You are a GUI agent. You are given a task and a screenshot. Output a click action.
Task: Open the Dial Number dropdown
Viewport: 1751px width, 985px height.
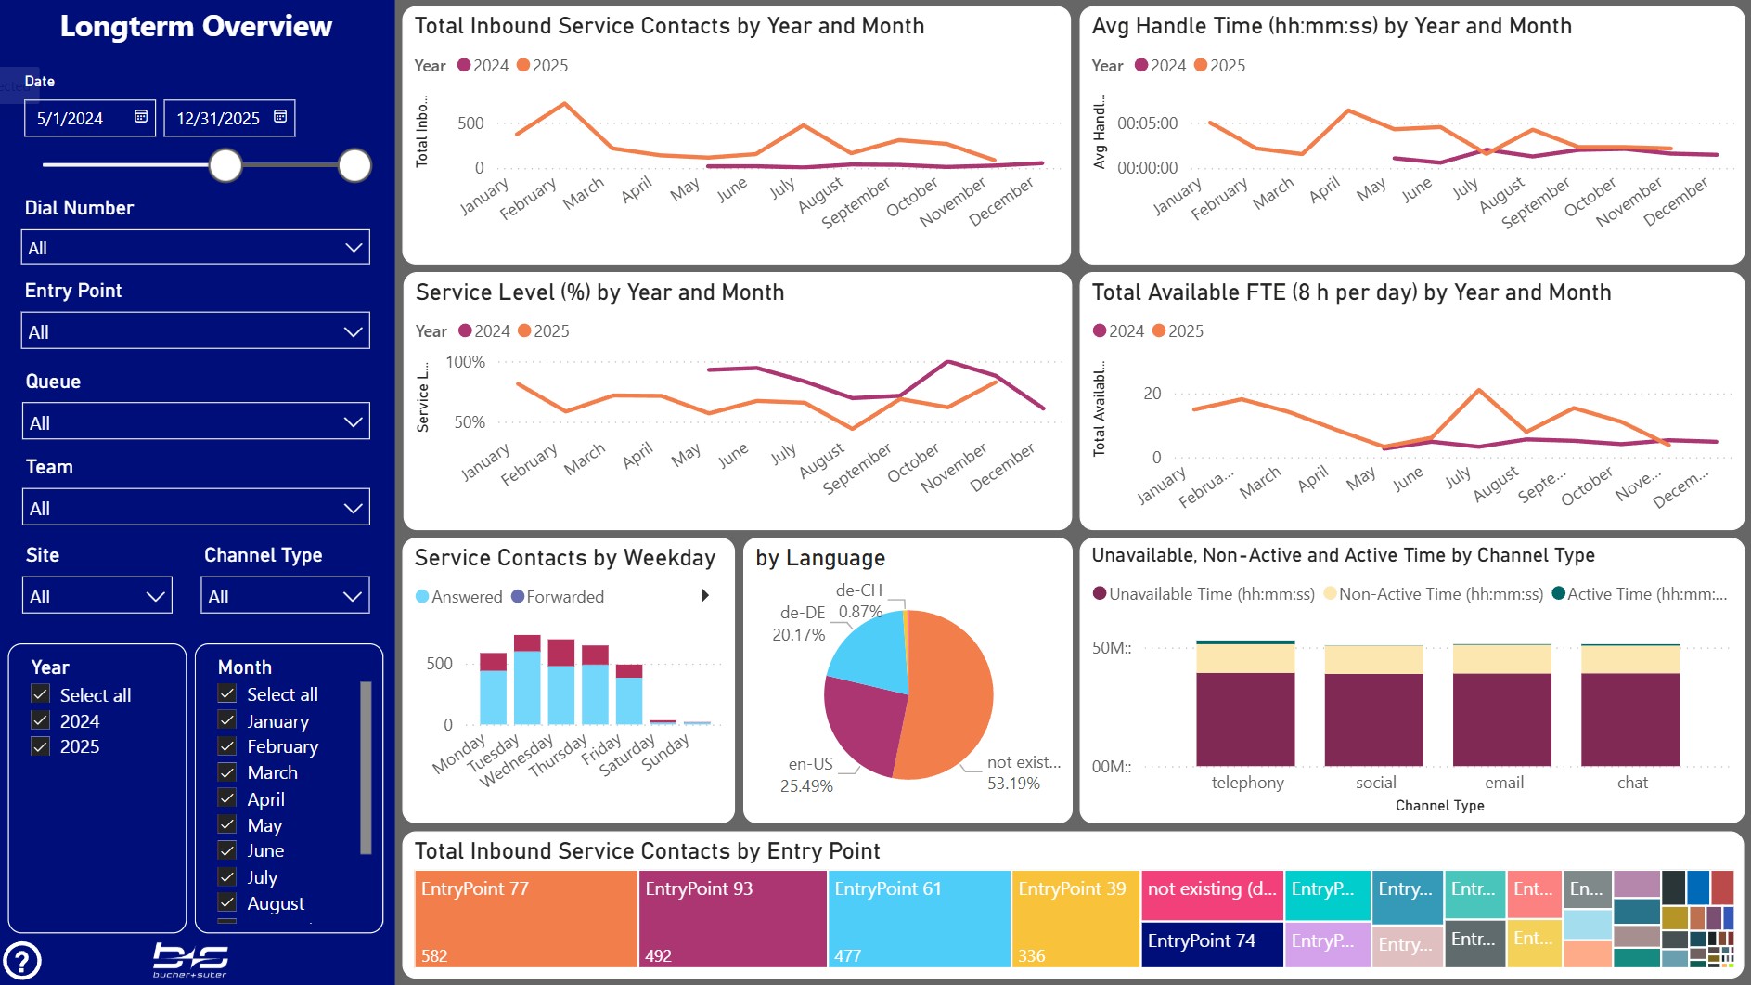coord(195,248)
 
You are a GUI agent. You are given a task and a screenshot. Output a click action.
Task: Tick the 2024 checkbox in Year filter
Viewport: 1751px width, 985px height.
coord(41,720)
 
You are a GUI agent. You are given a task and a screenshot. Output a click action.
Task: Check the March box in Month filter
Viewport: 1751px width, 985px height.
coord(227,772)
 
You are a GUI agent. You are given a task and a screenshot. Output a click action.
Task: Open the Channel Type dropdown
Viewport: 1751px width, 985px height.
coord(285,596)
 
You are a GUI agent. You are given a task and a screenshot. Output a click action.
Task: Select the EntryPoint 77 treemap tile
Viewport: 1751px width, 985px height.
coord(525,919)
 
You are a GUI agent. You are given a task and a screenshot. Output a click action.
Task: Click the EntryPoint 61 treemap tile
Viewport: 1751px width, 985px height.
coord(918,919)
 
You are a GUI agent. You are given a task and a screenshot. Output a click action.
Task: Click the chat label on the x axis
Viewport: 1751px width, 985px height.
coord(1632,783)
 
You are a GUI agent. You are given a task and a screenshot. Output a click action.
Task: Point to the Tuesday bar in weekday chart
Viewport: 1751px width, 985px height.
coord(527,682)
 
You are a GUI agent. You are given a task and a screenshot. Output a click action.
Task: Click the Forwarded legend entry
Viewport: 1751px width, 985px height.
coord(564,597)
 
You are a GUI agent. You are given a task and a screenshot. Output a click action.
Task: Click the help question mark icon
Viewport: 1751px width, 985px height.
coord(22,961)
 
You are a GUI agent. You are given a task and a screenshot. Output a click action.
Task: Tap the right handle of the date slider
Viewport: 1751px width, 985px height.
coord(354,165)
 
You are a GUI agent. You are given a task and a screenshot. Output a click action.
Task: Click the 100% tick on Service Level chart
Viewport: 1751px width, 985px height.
coord(466,362)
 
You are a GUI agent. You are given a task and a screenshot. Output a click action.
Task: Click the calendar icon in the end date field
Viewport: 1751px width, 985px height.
coord(280,117)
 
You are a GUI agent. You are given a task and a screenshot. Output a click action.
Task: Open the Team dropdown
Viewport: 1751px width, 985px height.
coord(195,508)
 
